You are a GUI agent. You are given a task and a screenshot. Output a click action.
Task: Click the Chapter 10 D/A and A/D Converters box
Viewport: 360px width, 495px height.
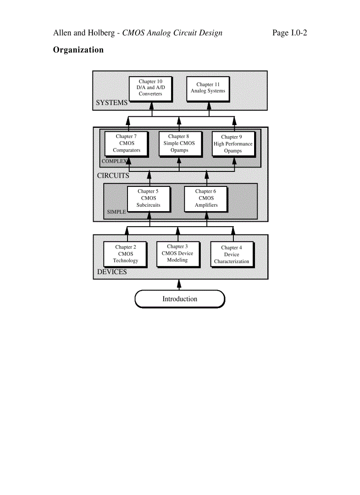point(150,88)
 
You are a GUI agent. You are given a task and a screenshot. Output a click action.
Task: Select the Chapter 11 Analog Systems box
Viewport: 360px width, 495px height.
point(208,88)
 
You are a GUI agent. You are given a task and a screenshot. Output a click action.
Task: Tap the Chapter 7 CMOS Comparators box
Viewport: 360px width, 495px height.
point(126,143)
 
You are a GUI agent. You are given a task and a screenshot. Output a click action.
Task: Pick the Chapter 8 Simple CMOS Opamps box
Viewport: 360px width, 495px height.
point(179,143)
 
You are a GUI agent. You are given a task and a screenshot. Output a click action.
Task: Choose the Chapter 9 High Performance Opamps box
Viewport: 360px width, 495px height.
point(233,144)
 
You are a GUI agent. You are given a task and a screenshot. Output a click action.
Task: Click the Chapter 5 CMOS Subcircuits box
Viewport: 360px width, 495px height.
point(148,198)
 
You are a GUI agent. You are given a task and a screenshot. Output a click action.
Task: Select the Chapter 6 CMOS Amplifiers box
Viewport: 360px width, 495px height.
point(206,198)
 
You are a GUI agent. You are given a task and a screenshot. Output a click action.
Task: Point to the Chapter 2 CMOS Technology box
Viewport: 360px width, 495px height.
point(125,254)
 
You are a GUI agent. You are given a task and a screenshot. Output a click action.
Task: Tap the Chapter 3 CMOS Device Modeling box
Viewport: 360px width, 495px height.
point(177,253)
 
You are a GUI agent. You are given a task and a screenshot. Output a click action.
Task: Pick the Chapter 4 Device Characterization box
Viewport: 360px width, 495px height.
point(232,254)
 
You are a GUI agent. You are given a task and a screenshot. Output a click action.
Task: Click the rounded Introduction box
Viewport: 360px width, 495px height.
point(180,299)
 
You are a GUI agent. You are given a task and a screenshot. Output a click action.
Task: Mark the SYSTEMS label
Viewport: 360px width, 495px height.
point(112,103)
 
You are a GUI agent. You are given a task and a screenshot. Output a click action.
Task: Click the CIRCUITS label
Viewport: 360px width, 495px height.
point(113,175)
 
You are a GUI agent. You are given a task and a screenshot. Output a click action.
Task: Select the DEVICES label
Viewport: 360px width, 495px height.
point(112,272)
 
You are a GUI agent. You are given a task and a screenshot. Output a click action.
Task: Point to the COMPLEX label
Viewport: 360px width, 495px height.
point(114,161)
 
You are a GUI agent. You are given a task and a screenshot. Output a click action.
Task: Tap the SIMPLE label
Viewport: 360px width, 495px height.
point(116,212)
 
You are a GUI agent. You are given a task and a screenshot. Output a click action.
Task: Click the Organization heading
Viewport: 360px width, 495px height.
point(78,50)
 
